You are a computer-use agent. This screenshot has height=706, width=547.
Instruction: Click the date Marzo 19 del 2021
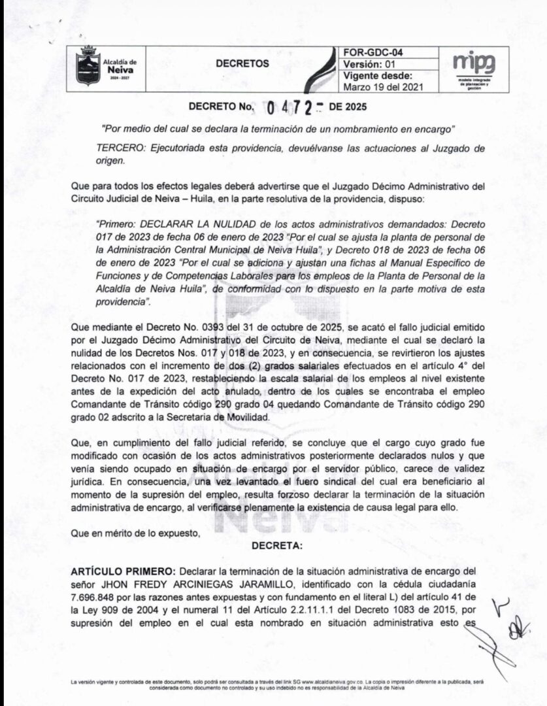coord(384,86)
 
